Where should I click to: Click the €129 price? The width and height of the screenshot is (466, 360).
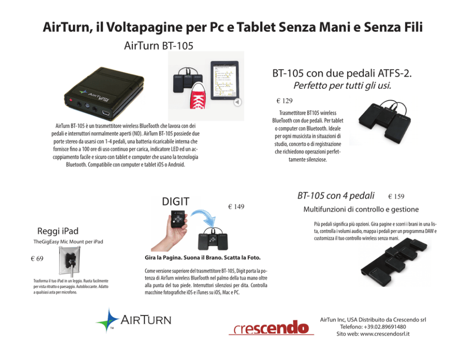284,101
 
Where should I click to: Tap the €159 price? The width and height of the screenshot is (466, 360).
396,196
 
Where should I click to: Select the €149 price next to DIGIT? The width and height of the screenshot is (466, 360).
236,207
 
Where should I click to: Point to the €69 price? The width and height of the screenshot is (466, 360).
37,258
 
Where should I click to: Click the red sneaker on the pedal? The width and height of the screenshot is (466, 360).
198,96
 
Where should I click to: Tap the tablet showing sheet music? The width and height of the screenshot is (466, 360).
225,80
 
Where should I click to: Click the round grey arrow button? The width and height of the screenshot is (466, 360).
237,102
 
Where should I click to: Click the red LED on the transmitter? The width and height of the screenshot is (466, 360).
71,100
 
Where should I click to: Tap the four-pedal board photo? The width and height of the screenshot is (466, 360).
394,262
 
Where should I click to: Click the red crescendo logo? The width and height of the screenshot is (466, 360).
271,328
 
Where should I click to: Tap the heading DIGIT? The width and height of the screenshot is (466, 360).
176,202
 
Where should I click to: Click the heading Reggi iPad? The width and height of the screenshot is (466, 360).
58,231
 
